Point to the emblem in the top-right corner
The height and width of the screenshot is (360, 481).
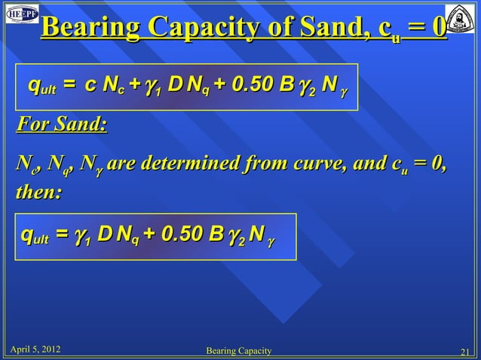463,19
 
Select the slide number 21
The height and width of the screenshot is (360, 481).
464,350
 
